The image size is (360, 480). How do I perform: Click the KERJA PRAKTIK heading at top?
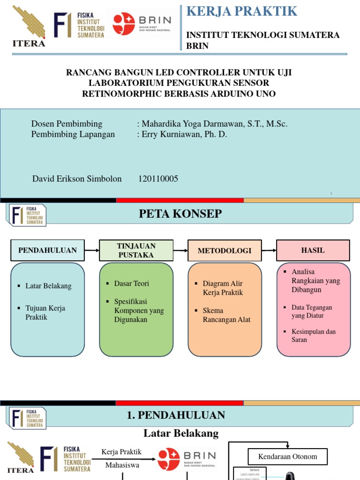[242, 11]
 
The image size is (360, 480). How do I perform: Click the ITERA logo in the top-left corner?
[29, 27]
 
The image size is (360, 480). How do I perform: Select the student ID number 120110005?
[158, 179]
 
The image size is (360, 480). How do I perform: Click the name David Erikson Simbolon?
[77, 179]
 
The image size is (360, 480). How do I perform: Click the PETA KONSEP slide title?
[180, 214]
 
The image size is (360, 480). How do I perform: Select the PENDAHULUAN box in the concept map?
[47, 250]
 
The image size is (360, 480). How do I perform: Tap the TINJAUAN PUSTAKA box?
[136, 250]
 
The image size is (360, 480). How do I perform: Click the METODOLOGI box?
[225, 250]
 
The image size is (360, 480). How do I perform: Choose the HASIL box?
[313, 250]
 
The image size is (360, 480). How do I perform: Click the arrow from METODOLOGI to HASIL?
[269, 250]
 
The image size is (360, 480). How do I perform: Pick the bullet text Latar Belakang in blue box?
[48, 286]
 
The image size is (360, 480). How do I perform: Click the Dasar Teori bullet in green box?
[131, 284]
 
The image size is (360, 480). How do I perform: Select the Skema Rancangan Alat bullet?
[226, 315]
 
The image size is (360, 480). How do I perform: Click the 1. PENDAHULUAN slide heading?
[176, 415]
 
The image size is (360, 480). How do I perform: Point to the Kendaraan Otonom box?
[288, 456]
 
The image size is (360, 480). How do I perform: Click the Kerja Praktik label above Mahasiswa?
[121, 452]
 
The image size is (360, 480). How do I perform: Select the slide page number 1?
[331, 193]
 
